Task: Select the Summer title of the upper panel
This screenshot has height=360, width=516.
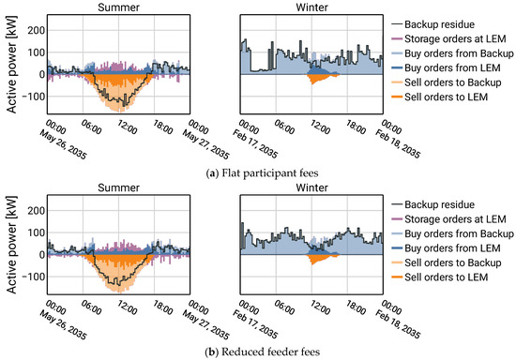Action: point(117,7)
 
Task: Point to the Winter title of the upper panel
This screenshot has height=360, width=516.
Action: point(310,7)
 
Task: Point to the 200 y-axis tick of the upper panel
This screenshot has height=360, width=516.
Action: point(33,29)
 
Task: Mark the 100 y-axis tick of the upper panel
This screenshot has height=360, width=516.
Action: point(33,52)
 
